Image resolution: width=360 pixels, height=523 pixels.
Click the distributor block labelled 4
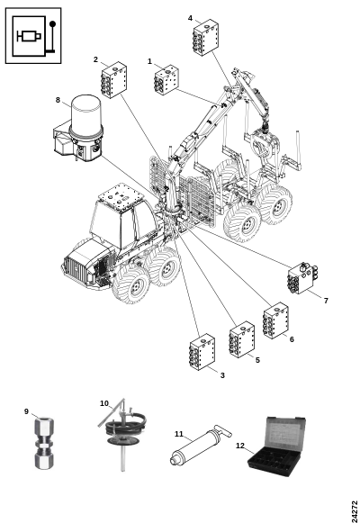tap(206, 37)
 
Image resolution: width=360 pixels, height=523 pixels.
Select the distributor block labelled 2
tap(114, 80)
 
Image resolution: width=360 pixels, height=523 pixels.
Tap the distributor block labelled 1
tap(166, 80)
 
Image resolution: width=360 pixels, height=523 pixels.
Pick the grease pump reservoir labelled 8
tap(79, 129)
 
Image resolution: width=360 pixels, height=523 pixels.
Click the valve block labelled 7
tap(302, 278)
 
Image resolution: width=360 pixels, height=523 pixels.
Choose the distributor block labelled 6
tap(275, 320)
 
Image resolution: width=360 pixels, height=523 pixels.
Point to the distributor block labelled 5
tap(242, 339)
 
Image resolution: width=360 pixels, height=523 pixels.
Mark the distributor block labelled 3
tap(202, 352)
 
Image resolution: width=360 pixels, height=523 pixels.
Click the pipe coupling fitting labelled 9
tap(44, 442)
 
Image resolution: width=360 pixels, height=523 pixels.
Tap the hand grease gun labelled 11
tap(201, 445)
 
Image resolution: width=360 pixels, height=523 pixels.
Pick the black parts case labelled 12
tap(276, 446)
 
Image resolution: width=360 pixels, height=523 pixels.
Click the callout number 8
tap(58, 100)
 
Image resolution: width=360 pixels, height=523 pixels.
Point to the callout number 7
tap(326, 301)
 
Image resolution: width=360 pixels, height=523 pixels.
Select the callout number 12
tap(240, 446)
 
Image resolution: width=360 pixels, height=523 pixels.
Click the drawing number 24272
tap(355, 511)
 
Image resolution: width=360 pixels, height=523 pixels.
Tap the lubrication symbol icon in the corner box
tap(33, 36)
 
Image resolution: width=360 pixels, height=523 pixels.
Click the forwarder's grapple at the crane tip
tap(265, 144)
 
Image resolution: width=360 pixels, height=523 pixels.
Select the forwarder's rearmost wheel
tap(276, 203)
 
